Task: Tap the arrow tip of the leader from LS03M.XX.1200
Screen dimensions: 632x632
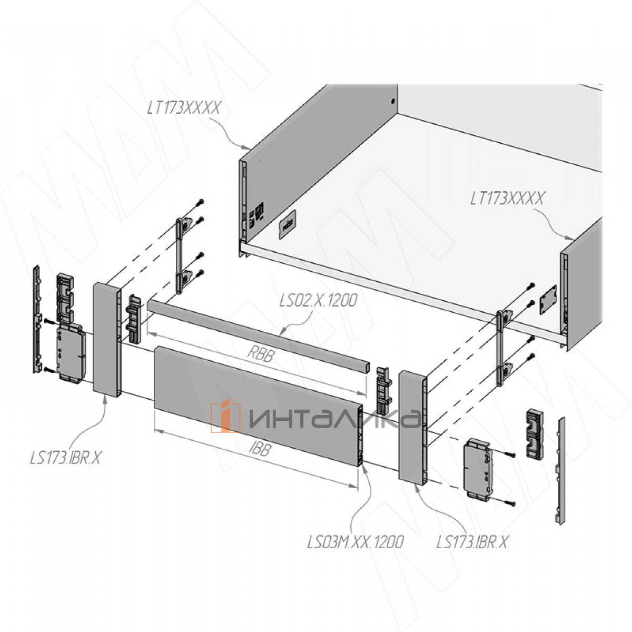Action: coord(364,466)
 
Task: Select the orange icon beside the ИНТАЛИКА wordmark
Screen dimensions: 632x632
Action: coord(225,416)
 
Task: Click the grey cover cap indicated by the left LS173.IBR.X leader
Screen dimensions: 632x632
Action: coord(107,340)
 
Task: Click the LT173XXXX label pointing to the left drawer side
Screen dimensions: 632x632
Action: coord(184,108)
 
